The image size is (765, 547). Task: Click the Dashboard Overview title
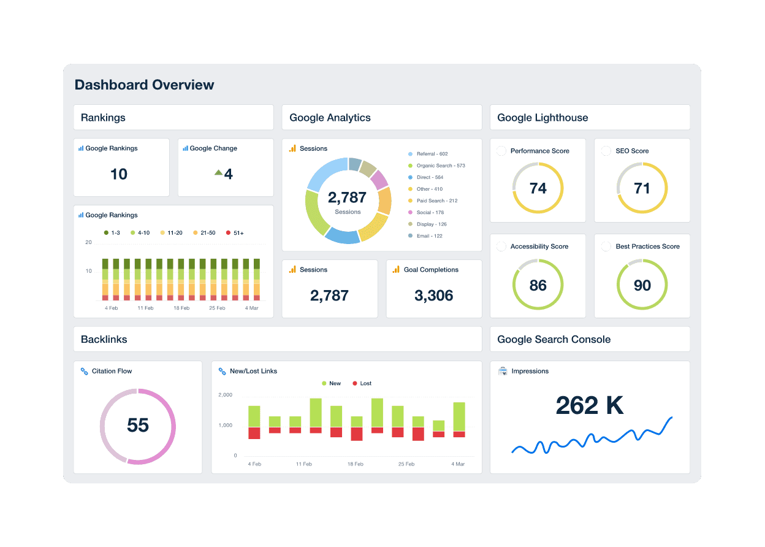pyautogui.click(x=144, y=85)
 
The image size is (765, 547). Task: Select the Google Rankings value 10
pyautogui.click(x=118, y=174)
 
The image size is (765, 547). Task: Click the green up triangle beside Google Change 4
pyautogui.click(x=218, y=173)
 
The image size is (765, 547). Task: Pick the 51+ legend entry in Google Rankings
pyautogui.click(x=235, y=233)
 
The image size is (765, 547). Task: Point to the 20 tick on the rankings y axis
pyautogui.click(x=89, y=242)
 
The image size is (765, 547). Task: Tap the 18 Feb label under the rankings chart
pyautogui.click(x=181, y=308)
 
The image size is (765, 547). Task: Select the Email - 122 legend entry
pyautogui.click(x=429, y=236)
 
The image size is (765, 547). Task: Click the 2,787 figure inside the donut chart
pyautogui.click(x=347, y=197)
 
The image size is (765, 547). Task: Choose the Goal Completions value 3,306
pyautogui.click(x=433, y=296)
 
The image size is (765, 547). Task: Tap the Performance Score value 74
pyautogui.click(x=538, y=188)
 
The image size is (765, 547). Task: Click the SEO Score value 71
pyautogui.click(x=642, y=188)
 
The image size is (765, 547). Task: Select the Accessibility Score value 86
pyautogui.click(x=538, y=285)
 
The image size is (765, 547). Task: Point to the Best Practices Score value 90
pyautogui.click(x=642, y=285)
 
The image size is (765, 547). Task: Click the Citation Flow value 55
pyautogui.click(x=138, y=425)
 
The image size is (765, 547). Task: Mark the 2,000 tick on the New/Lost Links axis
pyautogui.click(x=225, y=395)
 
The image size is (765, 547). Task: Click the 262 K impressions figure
pyautogui.click(x=589, y=405)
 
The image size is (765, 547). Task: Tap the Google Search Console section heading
pyautogui.click(x=554, y=339)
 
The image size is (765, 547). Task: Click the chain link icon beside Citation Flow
pyautogui.click(x=85, y=371)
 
